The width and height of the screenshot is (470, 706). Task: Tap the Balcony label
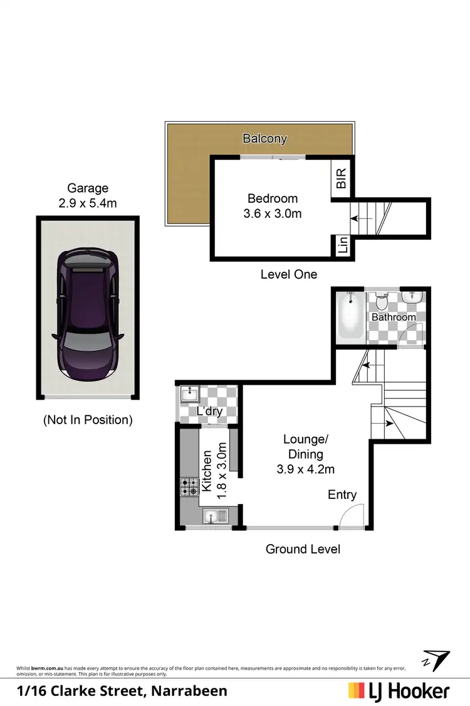pyautogui.click(x=265, y=139)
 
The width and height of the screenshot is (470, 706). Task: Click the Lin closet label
pyautogui.click(x=342, y=245)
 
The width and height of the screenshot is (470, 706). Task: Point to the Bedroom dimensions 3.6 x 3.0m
pyautogui.click(x=272, y=213)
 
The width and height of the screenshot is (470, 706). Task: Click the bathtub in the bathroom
pyautogui.click(x=349, y=317)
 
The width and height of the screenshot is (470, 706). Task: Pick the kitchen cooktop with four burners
pyautogui.click(x=189, y=486)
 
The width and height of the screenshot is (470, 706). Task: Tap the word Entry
pyautogui.click(x=342, y=495)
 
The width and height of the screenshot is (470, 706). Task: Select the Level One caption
pyautogui.click(x=288, y=274)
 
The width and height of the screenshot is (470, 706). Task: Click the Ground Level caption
pyautogui.click(x=303, y=549)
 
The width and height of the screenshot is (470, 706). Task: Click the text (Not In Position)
pyautogui.click(x=88, y=420)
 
